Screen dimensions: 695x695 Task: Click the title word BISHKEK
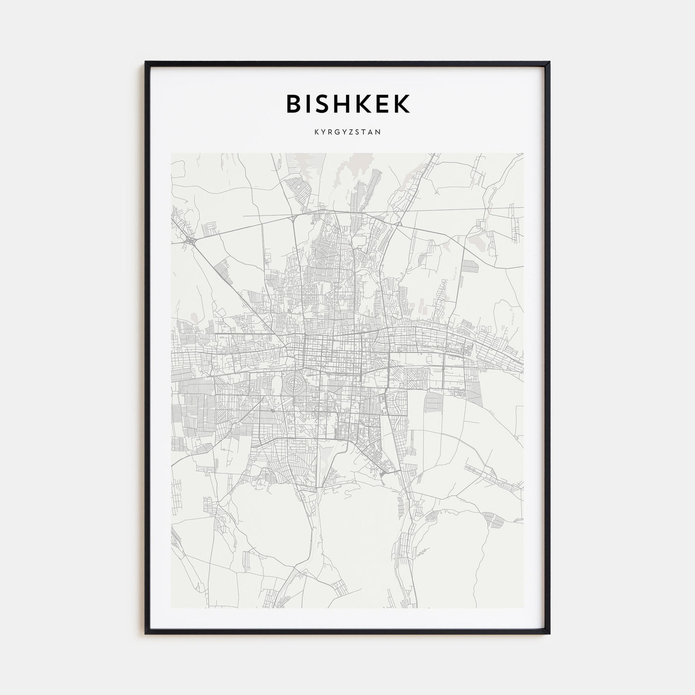(x=347, y=104)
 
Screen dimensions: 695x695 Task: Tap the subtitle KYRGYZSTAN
(x=347, y=133)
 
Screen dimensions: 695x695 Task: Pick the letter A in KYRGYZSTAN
(x=372, y=133)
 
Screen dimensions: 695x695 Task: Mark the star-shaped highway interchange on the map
(x=191, y=240)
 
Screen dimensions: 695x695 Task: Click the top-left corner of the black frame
(x=146, y=63)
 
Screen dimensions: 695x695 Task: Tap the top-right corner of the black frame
(x=549, y=63)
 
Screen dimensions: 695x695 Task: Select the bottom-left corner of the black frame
(x=146, y=633)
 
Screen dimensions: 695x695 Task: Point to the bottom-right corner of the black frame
(x=549, y=633)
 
